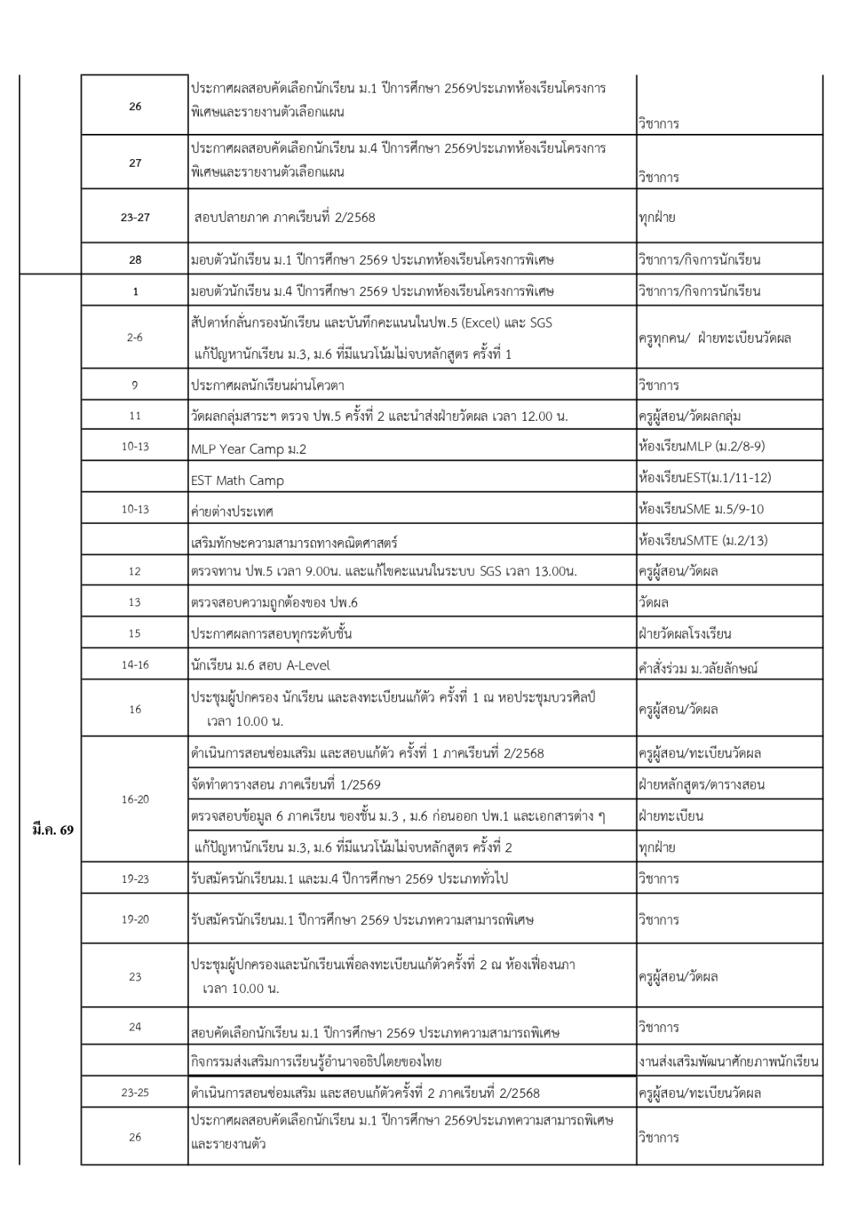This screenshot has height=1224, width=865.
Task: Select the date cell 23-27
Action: [x=135, y=217]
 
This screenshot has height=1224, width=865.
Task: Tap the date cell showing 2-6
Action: [x=135, y=337]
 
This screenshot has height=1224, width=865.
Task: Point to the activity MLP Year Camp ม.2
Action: [x=249, y=449]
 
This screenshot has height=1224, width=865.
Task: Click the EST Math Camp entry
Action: [x=237, y=480]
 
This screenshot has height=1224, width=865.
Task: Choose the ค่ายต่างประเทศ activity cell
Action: [x=232, y=510]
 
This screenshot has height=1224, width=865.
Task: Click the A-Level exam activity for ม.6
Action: [x=260, y=666]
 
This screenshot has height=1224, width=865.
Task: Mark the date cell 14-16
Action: [x=135, y=665]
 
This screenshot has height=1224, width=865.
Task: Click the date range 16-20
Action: [x=135, y=799]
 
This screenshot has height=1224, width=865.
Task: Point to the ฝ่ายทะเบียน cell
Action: [x=671, y=815]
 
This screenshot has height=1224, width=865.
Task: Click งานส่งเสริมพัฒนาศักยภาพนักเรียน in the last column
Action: [x=727, y=1061]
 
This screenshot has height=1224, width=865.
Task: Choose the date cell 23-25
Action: [x=135, y=1092]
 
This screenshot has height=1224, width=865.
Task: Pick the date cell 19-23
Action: [x=135, y=879]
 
